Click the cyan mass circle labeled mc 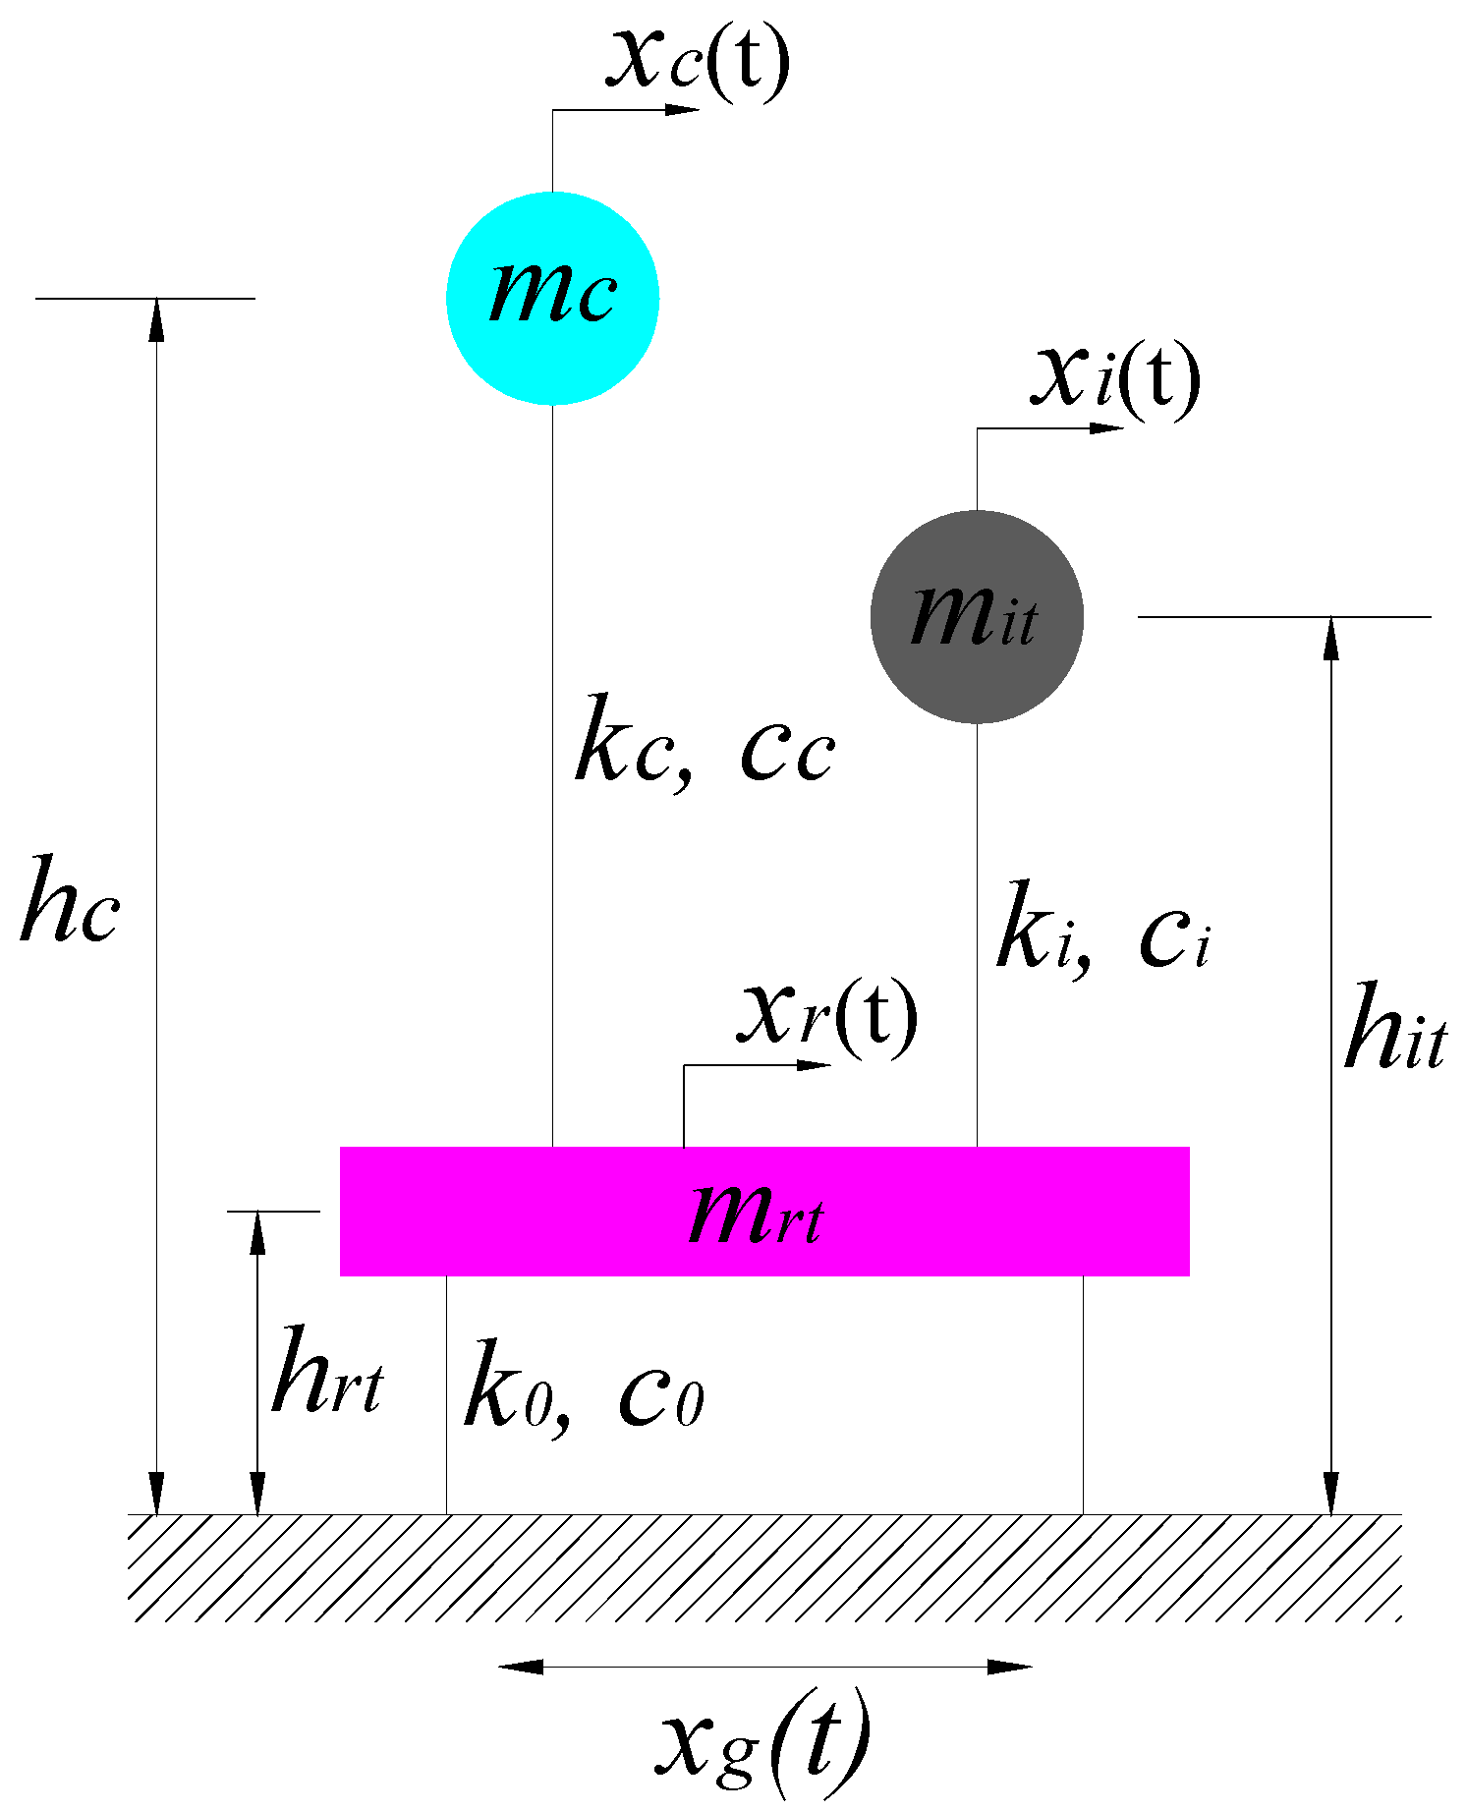[552, 298]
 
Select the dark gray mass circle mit [977, 617]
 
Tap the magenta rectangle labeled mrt [764, 1211]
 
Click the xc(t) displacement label [699, 61]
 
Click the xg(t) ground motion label [763, 1741]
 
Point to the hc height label [70, 900]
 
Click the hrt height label [327, 1371]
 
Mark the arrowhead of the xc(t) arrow [683, 110]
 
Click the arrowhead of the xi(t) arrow [1107, 428]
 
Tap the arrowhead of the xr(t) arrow [815, 1065]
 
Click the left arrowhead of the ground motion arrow [520, 1667]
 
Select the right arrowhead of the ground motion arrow [1010, 1667]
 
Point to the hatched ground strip [764, 1567]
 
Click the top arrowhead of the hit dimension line [1331, 637]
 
